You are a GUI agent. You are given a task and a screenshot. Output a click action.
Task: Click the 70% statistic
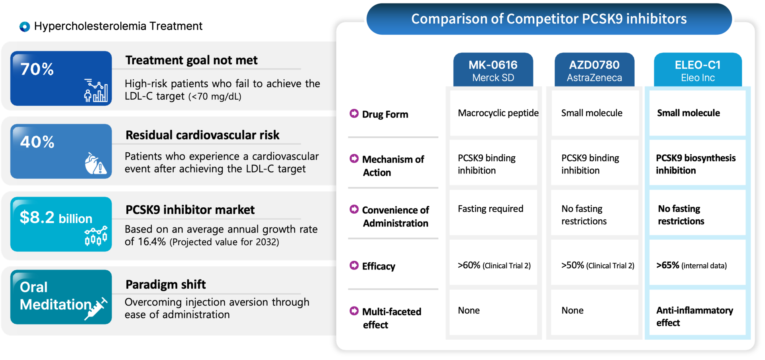click(x=37, y=69)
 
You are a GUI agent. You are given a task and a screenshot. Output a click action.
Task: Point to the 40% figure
click(x=37, y=142)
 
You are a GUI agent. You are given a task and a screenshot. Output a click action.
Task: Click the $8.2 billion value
click(x=56, y=217)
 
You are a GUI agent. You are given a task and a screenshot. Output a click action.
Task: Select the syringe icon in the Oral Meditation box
click(x=96, y=309)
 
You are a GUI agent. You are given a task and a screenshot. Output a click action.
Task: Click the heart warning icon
click(x=95, y=163)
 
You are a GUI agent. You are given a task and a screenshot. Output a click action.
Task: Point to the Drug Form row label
click(x=385, y=114)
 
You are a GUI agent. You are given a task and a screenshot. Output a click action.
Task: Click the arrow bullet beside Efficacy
click(x=354, y=265)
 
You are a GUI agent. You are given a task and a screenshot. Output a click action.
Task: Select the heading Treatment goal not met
click(x=191, y=60)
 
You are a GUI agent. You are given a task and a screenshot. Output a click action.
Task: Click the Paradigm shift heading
click(x=165, y=284)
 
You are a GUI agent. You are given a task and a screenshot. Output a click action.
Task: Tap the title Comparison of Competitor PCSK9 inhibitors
click(x=549, y=19)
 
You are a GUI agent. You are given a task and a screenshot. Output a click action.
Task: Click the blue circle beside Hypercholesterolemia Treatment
click(x=25, y=27)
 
